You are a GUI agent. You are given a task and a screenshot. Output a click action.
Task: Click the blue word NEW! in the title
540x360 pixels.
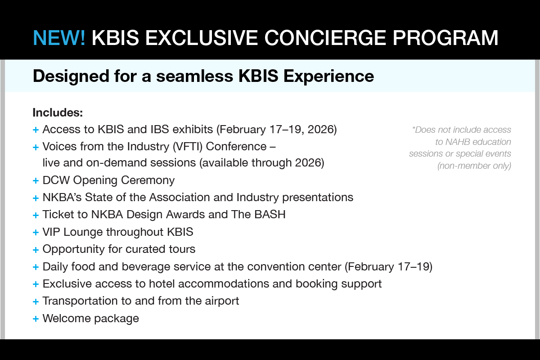[59, 38]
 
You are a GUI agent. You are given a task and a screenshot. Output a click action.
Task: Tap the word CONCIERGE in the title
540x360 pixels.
[325, 38]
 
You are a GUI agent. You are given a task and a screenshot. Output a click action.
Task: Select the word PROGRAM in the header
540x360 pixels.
[445, 38]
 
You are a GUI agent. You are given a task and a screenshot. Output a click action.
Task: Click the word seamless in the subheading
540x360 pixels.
[194, 76]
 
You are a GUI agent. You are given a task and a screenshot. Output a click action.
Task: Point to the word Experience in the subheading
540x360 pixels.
[329, 76]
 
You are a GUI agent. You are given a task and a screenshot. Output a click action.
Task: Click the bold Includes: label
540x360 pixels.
[58, 112]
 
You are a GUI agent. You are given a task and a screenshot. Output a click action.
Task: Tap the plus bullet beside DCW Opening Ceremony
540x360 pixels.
[36, 180]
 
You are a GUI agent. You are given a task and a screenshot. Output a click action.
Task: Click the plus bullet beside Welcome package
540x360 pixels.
[36, 319]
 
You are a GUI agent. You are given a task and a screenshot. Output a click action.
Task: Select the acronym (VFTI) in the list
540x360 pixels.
[188, 147]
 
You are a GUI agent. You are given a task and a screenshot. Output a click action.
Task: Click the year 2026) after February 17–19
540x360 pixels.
[322, 130]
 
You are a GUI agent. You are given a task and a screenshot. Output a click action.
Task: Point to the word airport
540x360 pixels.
[222, 301]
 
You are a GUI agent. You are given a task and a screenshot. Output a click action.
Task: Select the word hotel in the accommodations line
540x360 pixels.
[162, 283]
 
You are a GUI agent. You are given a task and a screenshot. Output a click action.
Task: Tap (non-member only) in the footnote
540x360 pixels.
[474, 166]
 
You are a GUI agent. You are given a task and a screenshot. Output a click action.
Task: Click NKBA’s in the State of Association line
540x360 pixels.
[62, 197]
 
